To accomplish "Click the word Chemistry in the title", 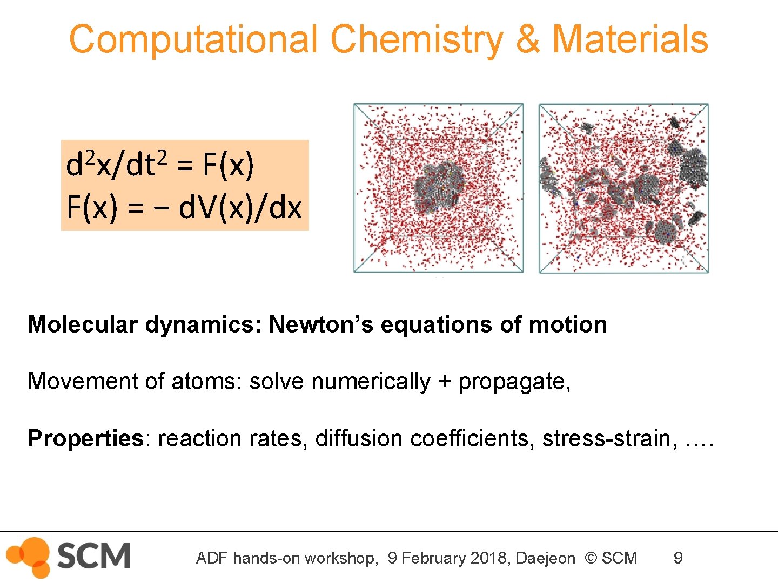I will pyautogui.click(x=417, y=40).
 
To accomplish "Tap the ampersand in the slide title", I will pyautogui.click(x=528, y=39).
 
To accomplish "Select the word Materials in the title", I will pyautogui.click(x=629, y=39).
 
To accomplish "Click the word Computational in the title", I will pyautogui.click(x=193, y=40).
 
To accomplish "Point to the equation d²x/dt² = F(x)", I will pyautogui.click(x=159, y=165).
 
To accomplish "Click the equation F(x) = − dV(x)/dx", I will pyautogui.click(x=184, y=207).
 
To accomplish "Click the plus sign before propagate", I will pyautogui.click(x=444, y=382).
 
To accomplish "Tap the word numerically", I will pyautogui.click(x=371, y=382).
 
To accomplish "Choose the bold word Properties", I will pyautogui.click(x=85, y=438).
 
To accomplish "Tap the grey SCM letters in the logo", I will pyautogui.click(x=93, y=556).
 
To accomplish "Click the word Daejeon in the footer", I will pyautogui.click(x=545, y=558).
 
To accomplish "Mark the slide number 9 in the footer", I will pyautogui.click(x=678, y=558).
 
